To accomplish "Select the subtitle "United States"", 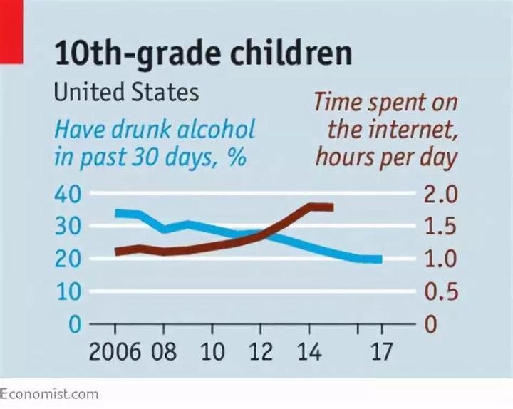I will point(126,93).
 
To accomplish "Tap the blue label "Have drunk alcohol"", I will point(155,130).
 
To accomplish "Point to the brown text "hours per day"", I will point(385,157).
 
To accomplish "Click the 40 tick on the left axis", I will point(68,194).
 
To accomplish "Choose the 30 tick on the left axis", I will point(68,227).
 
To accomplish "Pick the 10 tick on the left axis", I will point(68,291).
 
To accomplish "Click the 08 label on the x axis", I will point(164,352).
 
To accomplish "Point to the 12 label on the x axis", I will point(260,352).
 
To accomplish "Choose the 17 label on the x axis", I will point(382,352).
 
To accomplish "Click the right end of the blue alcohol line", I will point(381,259).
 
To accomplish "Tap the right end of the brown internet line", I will point(332,207).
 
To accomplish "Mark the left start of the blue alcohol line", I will point(117,213).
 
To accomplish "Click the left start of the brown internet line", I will point(117,252).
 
